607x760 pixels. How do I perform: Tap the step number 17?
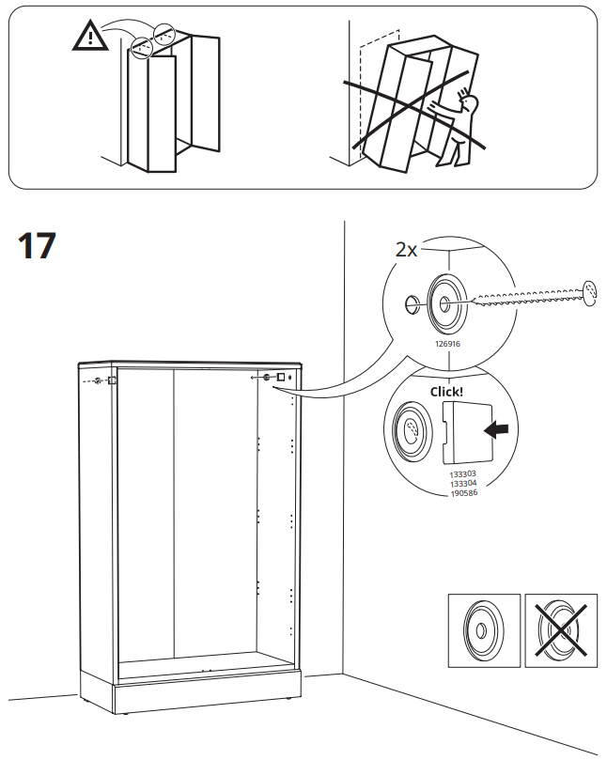(x=38, y=246)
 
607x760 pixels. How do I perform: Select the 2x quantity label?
(x=406, y=249)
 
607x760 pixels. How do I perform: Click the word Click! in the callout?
(x=446, y=392)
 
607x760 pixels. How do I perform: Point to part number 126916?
(x=446, y=345)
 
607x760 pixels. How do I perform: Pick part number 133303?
(x=463, y=474)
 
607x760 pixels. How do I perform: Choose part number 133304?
(x=463, y=483)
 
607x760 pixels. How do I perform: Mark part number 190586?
(x=463, y=492)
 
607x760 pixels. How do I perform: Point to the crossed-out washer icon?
(x=560, y=630)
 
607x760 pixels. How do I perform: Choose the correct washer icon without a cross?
(x=483, y=630)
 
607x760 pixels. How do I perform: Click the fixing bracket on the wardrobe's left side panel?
(x=110, y=380)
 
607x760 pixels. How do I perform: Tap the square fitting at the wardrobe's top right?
(x=279, y=377)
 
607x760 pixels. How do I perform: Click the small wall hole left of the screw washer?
(x=411, y=303)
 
